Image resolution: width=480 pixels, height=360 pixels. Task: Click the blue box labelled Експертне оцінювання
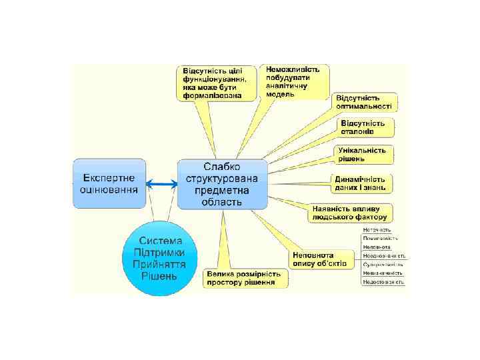109,183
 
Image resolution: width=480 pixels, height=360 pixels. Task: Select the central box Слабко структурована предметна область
222,184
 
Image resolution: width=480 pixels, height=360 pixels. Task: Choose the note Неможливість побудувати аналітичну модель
292,81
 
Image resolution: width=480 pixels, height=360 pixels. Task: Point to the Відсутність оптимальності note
365,101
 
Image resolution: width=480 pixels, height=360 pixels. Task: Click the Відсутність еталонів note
364,127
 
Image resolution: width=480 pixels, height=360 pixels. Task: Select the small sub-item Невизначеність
383,273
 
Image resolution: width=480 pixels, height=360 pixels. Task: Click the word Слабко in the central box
222,166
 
